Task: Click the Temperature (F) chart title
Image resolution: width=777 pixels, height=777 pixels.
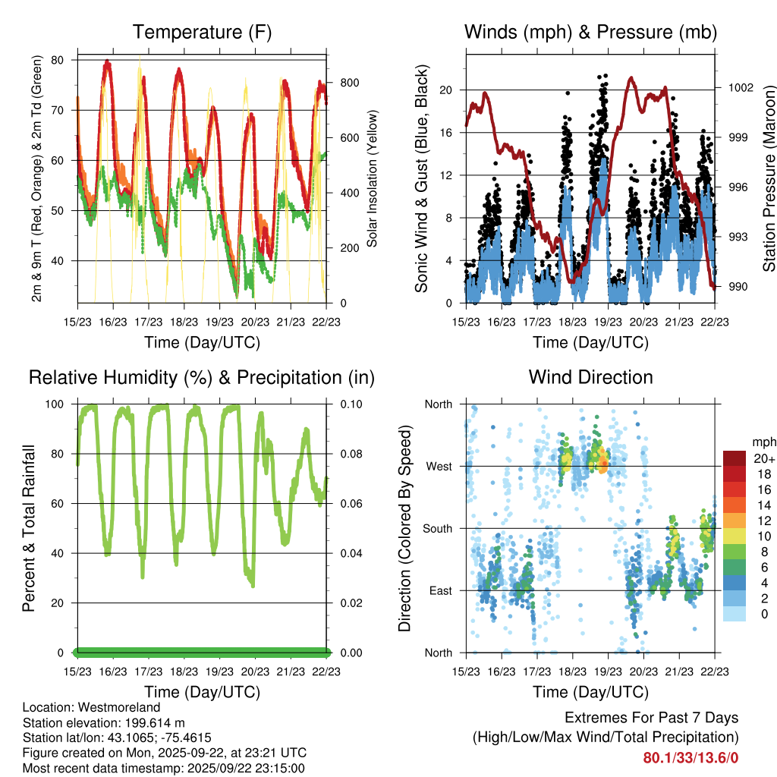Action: click(x=202, y=32)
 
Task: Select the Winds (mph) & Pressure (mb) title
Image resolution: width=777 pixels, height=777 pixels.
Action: click(x=590, y=32)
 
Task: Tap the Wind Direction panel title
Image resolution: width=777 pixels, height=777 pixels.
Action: click(x=590, y=376)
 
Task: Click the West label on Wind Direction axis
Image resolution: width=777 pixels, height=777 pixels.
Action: click(x=439, y=467)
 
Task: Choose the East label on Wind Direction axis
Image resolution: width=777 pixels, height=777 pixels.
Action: click(x=439, y=591)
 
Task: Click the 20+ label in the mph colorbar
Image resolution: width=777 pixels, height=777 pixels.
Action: click(x=763, y=458)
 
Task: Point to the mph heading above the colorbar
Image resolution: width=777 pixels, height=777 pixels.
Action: click(x=763, y=442)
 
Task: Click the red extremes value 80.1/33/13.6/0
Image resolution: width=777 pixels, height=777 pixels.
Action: click(x=690, y=757)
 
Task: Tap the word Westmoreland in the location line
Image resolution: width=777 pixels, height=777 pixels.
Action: click(x=124, y=708)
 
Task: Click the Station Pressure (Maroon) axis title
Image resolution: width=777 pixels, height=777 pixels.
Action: click(x=769, y=179)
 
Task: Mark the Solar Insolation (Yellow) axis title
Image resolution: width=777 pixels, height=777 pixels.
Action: click(x=373, y=179)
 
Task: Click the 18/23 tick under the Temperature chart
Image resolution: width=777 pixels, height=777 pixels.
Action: click(x=184, y=322)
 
